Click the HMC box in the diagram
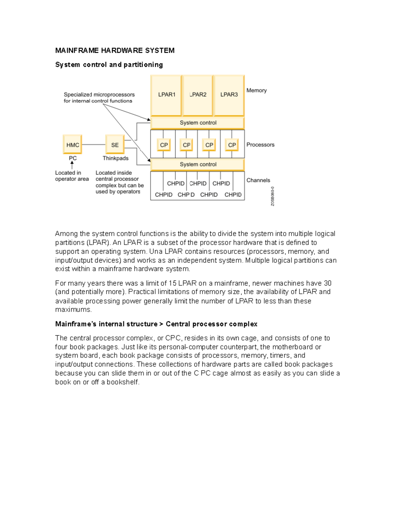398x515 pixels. pos(72,145)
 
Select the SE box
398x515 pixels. pos(115,145)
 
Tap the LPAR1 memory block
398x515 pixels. pos(166,95)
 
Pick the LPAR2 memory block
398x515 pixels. pos(198,95)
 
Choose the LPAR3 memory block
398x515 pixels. pos(229,95)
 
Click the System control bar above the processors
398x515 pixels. pos(198,123)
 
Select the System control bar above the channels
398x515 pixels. pos(198,164)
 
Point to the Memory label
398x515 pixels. pos(256,91)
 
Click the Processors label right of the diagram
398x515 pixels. pos(260,145)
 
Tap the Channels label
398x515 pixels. pos(258,180)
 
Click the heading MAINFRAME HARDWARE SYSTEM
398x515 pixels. pos(115,51)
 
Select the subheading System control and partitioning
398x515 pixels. pos(109,65)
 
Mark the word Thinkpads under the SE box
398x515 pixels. pos(115,159)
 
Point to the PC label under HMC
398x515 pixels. pos(73,159)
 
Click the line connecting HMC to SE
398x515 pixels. pos(94,145)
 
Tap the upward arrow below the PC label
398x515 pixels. pos(72,165)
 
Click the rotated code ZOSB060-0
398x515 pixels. pos(272,196)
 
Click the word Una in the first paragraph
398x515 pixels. pos(156,251)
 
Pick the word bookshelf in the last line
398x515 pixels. pos(122,382)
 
